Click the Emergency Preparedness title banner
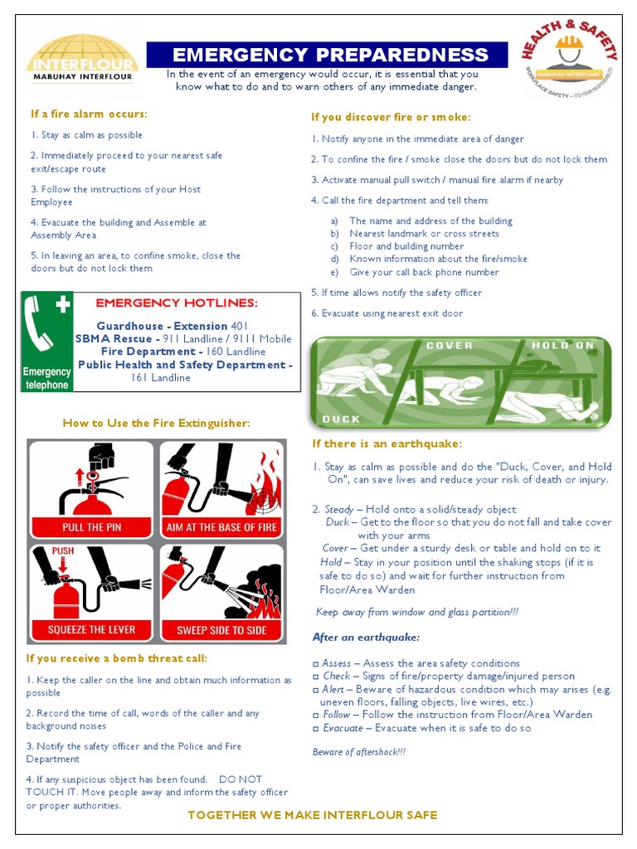pos(329,56)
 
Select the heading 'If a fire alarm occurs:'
pos(90,114)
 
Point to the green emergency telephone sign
pos(47,341)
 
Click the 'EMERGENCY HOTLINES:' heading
pos(177,303)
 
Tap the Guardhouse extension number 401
pos(240,326)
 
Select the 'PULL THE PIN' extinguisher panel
pos(92,489)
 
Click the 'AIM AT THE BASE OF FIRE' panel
pos(221,489)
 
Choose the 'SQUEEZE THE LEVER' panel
pos(92,592)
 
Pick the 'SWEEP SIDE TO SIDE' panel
pos(221,592)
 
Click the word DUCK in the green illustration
pos(341,419)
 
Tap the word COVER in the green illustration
pos(450,345)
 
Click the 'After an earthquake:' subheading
pos(366,638)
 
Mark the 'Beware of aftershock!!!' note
pos(359,752)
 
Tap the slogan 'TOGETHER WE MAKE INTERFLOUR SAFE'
pos(312,815)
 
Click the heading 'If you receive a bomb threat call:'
pos(117,658)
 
